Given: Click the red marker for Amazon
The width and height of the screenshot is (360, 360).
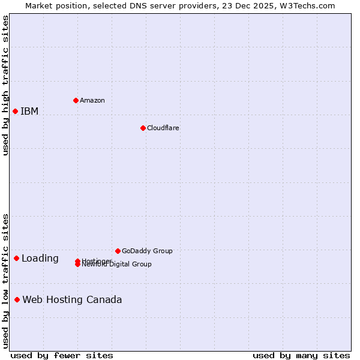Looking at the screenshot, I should coord(76,100).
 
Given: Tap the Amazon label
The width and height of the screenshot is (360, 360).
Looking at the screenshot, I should coord(92,100).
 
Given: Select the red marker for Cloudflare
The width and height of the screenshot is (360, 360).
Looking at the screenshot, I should coord(143,128).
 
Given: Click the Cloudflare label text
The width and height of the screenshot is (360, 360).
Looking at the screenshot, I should coord(163,128).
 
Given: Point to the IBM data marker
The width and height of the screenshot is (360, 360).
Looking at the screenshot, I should coord(15,111).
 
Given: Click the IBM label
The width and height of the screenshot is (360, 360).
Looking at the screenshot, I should coord(29,111).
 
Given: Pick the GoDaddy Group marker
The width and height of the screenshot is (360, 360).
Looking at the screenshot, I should coord(118,251).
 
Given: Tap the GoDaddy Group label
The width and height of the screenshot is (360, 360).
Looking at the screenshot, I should coord(147,251).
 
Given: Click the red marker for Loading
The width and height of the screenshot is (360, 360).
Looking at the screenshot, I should coord(16,258).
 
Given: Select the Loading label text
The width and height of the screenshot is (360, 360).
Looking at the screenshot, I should coord(40,259).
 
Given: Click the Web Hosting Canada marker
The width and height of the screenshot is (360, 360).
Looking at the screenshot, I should coord(17,299).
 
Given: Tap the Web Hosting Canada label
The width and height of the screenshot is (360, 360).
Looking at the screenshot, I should coord(72,299).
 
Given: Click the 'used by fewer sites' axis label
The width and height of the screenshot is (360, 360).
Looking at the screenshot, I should coord(62,355).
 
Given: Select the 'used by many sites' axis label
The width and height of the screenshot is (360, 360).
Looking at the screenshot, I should coord(301,355).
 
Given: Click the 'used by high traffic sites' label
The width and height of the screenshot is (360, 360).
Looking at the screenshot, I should coord(5,85).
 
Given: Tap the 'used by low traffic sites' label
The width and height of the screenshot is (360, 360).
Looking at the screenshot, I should coord(5,280).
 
